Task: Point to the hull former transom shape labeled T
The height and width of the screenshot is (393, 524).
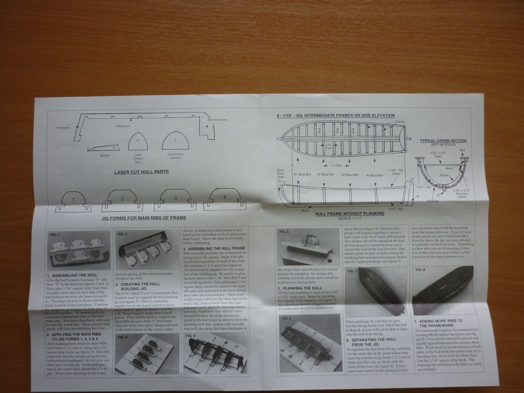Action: [175, 141]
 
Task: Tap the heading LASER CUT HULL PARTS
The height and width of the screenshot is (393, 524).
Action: [141, 172]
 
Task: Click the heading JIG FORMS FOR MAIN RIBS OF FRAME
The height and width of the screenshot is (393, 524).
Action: [144, 217]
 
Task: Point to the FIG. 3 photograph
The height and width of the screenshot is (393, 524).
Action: [148, 355]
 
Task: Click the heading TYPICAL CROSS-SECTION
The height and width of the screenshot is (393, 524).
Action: [443, 141]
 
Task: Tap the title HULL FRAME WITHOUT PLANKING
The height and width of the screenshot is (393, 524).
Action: [349, 213]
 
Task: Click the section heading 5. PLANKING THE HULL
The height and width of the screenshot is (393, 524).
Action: [302, 288]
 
